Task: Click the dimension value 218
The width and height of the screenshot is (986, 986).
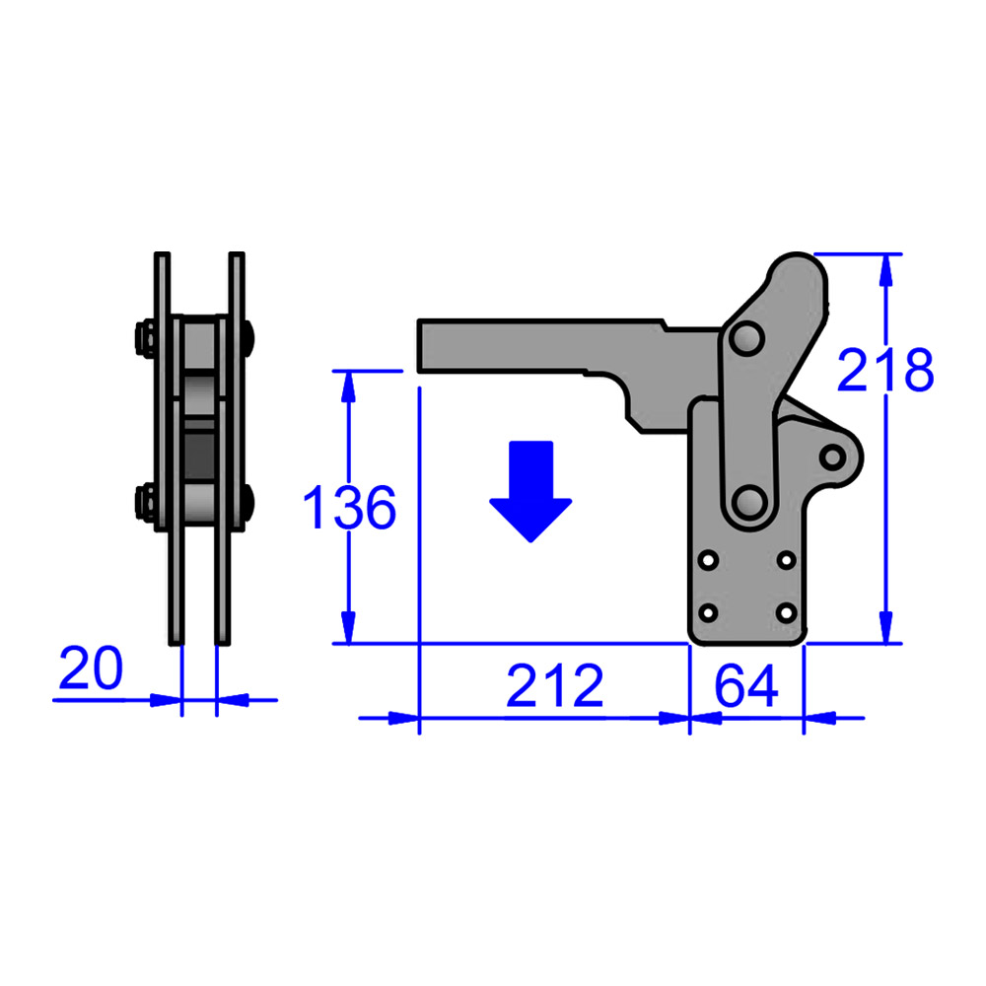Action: [x=884, y=371]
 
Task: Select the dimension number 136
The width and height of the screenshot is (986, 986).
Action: [x=349, y=508]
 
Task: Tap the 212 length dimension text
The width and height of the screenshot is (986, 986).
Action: [x=554, y=686]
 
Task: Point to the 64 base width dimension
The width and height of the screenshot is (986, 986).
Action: [x=746, y=686]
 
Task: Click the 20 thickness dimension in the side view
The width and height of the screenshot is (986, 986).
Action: [x=91, y=669]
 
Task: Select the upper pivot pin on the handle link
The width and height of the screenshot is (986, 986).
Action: [x=745, y=339]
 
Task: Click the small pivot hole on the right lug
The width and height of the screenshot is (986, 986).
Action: [x=834, y=457]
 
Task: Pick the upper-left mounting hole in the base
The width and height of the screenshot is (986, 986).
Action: [x=708, y=560]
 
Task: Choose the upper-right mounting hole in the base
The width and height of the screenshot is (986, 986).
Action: [x=786, y=560]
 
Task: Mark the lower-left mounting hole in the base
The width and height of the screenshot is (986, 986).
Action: [x=708, y=612]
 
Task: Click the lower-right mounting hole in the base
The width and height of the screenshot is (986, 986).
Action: [x=786, y=612]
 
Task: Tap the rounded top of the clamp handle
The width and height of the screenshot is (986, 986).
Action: [x=794, y=268]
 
